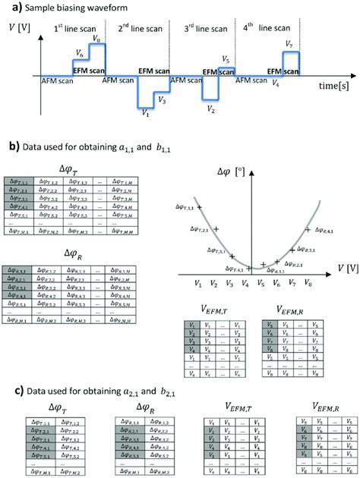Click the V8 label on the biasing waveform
[x=95, y=38]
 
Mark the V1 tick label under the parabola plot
[x=198, y=283]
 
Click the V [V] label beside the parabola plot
[x=340, y=267]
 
